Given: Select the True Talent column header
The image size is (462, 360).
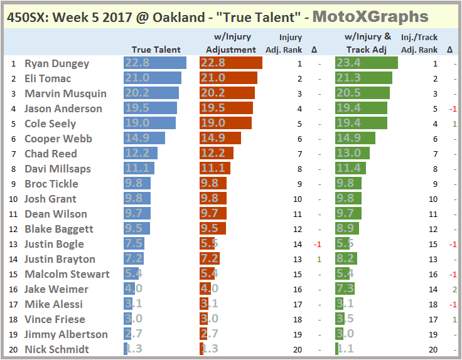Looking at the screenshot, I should click(156, 50).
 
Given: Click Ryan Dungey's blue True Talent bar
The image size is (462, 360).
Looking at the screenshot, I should click(155, 63).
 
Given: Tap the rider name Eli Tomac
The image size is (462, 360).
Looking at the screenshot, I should click(48, 78).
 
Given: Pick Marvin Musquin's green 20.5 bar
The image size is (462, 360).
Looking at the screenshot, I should click(362, 93).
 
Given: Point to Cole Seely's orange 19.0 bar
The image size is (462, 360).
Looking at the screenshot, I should click(226, 124).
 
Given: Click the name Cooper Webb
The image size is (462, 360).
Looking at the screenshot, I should click(58, 139).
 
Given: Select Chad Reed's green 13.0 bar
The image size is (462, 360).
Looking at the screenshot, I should click(352, 154).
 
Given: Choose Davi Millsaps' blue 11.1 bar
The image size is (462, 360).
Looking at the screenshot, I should click(139, 169).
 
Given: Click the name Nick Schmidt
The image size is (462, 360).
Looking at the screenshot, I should click(56, 349).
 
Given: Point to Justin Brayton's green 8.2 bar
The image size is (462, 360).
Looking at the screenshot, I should click(346, 259).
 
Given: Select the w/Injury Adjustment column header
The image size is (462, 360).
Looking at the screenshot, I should click(231, 44).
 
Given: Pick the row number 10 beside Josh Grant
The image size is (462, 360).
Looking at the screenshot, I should click(13, 199).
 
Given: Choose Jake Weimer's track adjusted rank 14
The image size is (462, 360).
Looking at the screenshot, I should click(433, 289).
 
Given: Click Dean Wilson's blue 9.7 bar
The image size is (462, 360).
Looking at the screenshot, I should click(137, 214).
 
